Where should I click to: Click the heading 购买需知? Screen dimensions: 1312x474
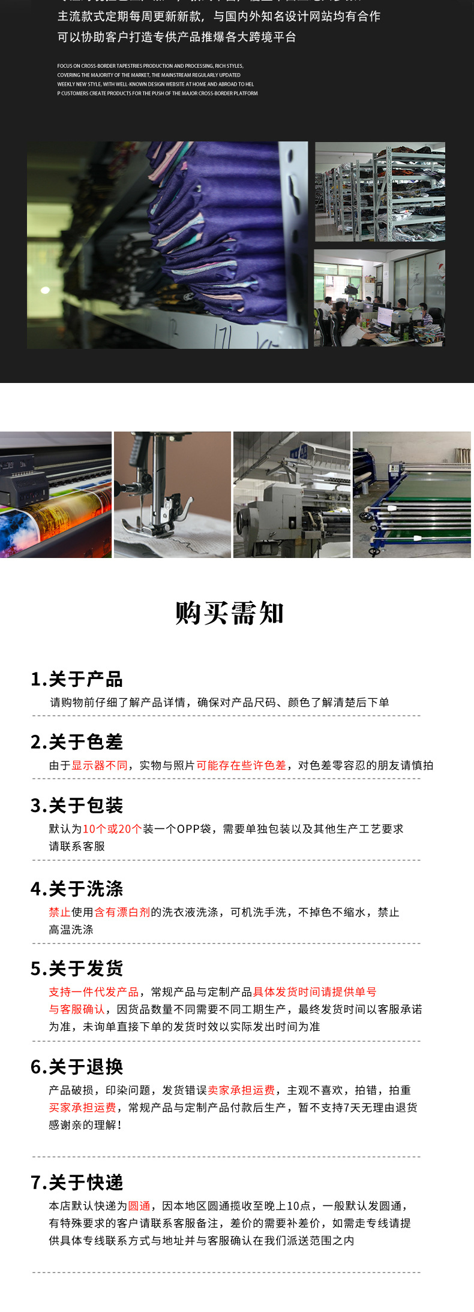pyautogui.click(x=229, y=613)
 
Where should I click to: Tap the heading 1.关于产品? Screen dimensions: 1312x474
pyautogui.click(x=77, y=679)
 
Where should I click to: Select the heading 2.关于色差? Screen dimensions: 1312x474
pyautogui.click(x=77, y=742)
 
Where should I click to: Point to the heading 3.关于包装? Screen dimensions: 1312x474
pyautogui.click(x=77, y=806)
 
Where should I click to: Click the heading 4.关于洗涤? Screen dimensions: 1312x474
pyautogui.click(x=77, y=889)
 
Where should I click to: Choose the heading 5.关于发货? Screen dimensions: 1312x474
pyautogui.click(x=77, y=969)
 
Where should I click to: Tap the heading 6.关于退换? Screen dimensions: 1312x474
pyautogui.click(x=77, y=1067)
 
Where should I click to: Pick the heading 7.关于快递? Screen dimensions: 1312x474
pyautogui.click(x=77, y=1183)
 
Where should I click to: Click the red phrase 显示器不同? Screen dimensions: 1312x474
pyautogui.click(x=100, y=765)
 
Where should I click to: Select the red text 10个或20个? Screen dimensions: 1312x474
pyautogui.click(x=112, y=829)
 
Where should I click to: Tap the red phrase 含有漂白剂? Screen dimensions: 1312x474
pyautogui.click(x=122, y=912)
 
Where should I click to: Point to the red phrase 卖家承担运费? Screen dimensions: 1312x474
pyautogui.click(x=241, y=1090)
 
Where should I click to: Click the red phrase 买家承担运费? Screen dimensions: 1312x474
pyautogui.click(x=82, y=1108)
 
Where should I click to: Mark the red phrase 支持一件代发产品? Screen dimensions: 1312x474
pyautogui.click(x=94, y=992)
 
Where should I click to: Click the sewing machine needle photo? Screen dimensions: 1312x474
pyautogui.click(x=172, y=495)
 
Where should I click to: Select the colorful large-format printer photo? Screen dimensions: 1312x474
pyautogui.click(x=56, y=495)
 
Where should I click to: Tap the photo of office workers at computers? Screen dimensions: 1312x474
pyautogui.click(x=379, y=298)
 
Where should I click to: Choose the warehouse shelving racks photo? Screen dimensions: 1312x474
pyautogui.click(x=380, y=192)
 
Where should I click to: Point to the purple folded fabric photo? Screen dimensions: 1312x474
pyautogui.click(x=167, y=245)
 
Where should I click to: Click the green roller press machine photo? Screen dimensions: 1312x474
pyautogui.click(x=412, y=495)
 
